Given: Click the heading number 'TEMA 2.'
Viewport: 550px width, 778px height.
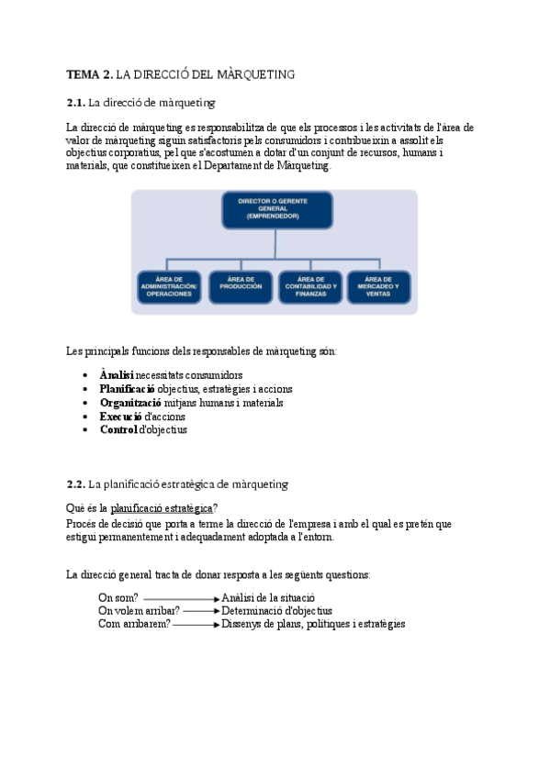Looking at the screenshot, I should click(90, 75).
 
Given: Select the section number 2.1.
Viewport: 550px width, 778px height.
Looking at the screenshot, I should click(76, 103).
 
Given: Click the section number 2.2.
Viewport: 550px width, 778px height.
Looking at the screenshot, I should click(76, 483).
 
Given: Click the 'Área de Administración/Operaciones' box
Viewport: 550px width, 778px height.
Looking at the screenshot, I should click(168, 287).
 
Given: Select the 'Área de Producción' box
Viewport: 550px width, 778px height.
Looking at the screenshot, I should click(241, 287).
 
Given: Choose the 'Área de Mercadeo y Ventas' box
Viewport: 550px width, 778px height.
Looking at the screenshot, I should click(379, 287).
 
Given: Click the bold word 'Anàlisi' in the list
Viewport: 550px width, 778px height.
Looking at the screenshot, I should click(117, 375).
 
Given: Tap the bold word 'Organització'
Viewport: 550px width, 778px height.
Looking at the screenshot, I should click(130, 403).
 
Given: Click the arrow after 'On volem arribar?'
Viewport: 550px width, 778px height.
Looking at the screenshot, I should click(201, 610).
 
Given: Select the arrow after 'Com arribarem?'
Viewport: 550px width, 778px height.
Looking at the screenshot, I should click(196, 624).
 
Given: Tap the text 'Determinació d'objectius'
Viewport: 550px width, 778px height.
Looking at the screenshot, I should click(276, 610).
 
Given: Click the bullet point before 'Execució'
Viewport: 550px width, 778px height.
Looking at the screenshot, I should click(85, 417).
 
